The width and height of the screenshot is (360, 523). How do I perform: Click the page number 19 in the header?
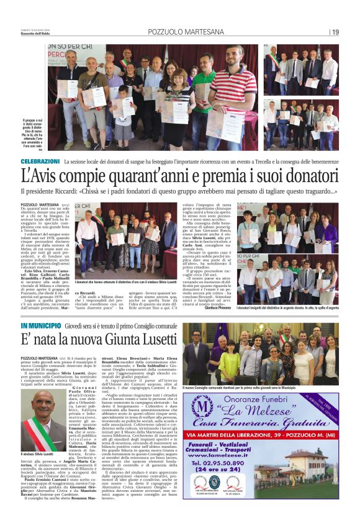(x=335, y=32)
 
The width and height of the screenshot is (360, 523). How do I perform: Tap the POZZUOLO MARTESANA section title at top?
(x=180, y=32)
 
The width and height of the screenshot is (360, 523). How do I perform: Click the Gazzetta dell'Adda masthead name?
(x=36, y=34)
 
